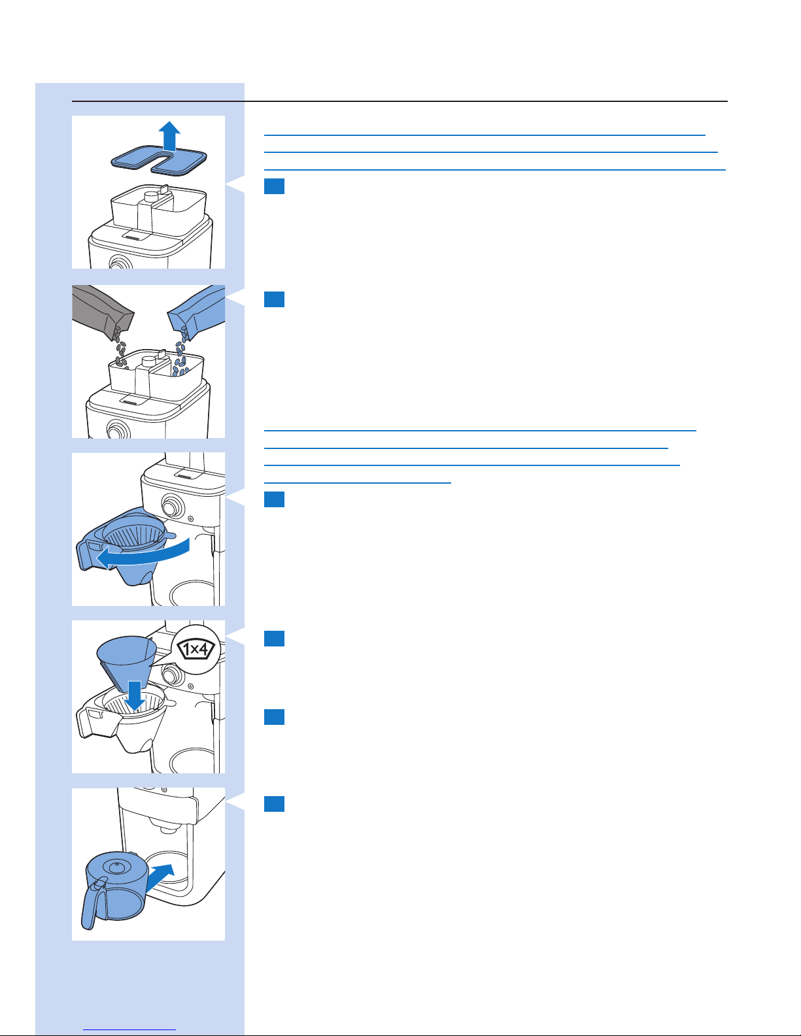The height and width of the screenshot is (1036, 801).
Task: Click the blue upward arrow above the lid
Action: [170, 135]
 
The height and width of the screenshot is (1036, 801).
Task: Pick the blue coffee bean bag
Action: [199, 307]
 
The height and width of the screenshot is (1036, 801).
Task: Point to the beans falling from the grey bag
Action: [120, 350]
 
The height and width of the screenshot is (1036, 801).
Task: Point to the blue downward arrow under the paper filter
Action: [135, 694]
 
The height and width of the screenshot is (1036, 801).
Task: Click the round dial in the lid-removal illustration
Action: [119, 263]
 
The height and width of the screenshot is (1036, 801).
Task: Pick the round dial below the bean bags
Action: [118, 431]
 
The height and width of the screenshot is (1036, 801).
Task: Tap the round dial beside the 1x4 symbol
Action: [171, 675]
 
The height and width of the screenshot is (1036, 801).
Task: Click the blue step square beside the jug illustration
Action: [275, 803]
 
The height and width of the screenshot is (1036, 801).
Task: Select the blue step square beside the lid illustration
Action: [275, 186]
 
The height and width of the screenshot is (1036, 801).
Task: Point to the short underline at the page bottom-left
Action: [130, 1029]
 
